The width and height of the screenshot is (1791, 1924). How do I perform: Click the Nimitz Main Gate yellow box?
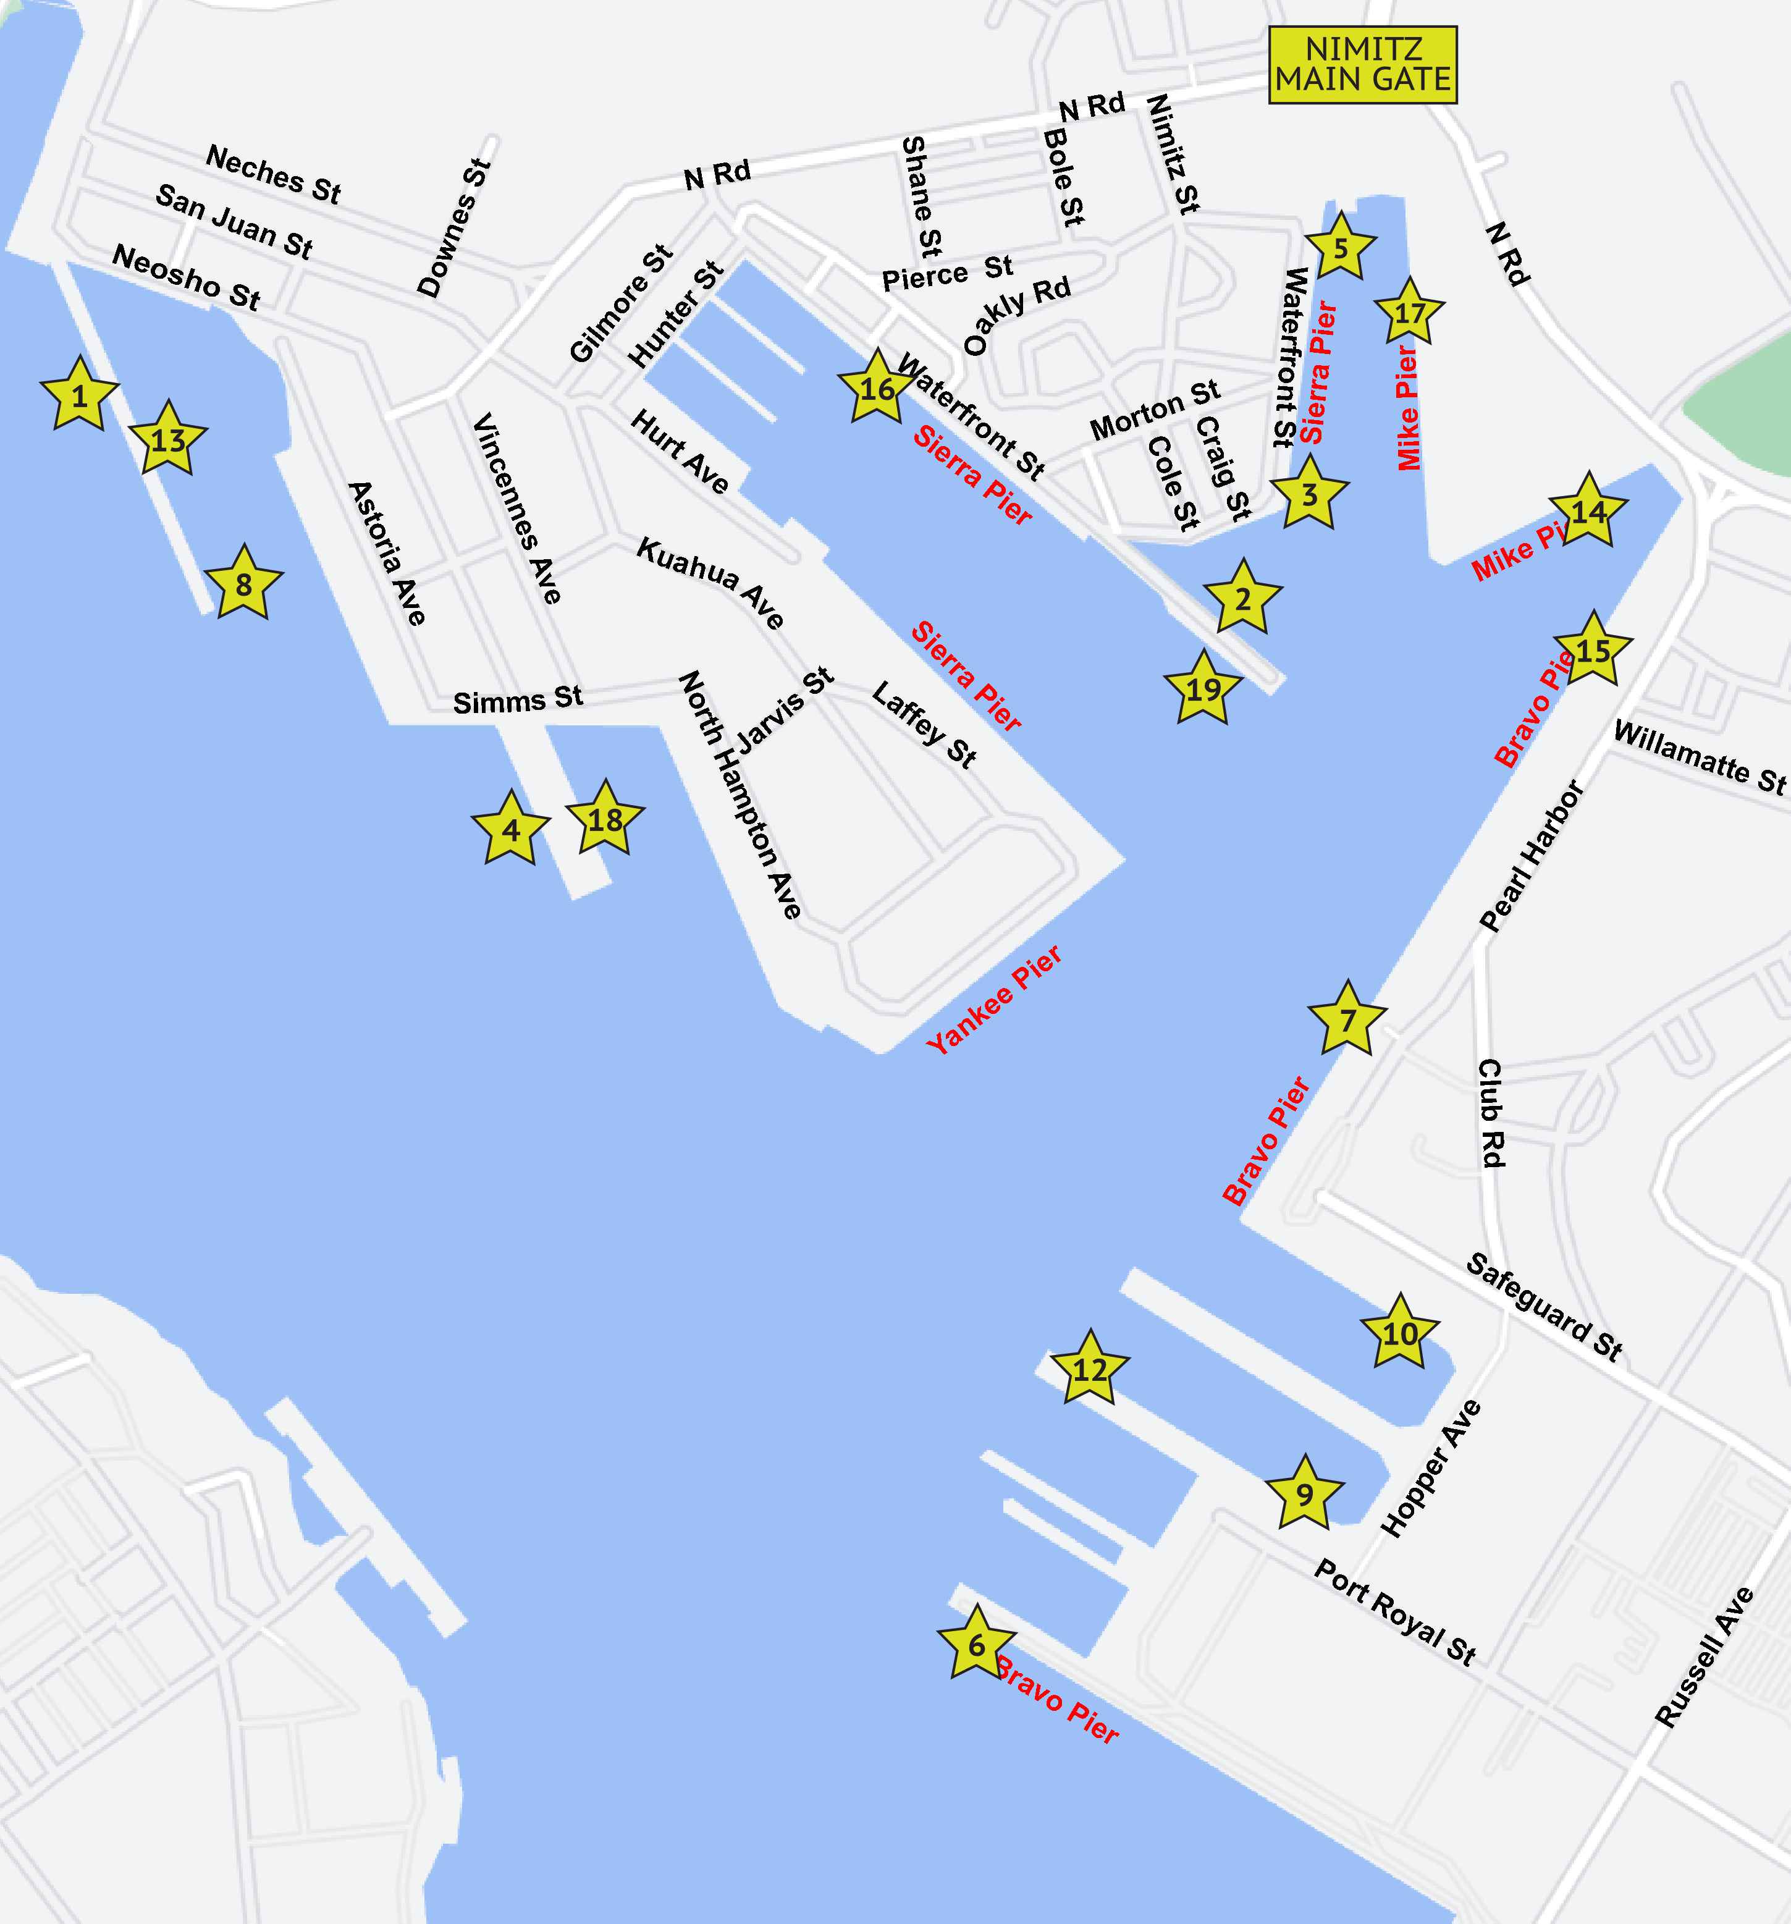pos(1362,65)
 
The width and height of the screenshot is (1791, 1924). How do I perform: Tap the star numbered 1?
pos(79,394)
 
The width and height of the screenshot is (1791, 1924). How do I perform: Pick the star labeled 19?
pos(1203,689)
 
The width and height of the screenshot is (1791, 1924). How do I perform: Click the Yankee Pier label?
pos(993,999)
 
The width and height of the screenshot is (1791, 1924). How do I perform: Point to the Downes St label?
pos(454,229)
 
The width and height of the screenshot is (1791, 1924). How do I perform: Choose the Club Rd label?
pos(1490,1113)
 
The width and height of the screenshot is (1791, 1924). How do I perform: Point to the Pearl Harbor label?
pos(1533,856)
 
